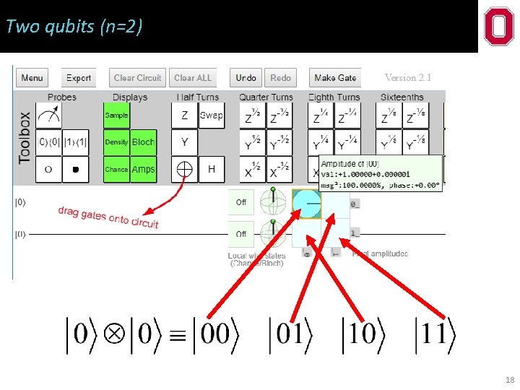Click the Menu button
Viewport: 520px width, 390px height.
tap(32, 78)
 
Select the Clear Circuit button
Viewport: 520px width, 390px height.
tap(138, 78)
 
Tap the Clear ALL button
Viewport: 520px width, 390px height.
tap(193, 78)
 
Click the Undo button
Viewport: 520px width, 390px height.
tap(246, 78)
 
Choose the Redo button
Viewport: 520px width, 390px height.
tap(280, 78)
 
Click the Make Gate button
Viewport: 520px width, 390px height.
tap(335, 78)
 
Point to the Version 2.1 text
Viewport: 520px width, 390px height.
tap(407, 77)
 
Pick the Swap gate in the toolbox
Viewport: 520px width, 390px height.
tap(212, 116)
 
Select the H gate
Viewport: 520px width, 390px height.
tap(212, 169)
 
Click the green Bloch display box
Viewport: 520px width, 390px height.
tap(143, 142)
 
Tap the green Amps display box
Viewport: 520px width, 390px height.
tap(143, 169)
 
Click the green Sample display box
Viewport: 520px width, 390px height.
tap(117, 116)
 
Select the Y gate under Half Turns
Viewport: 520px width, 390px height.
tap(185, 142)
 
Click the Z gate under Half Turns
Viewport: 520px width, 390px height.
tap(185, 116)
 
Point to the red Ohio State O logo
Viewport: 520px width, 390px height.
tap(499, 27)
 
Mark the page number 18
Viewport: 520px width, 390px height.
tap(510, 380)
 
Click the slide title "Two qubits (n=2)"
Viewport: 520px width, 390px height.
tap(74, 27)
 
